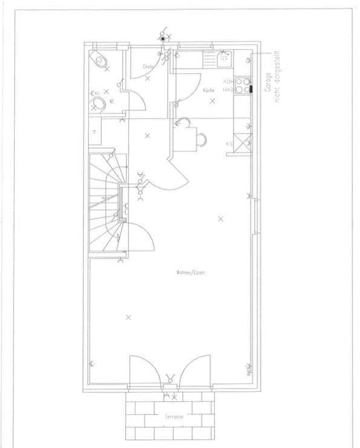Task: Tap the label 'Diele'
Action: pos(148,66)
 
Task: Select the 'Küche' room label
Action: pos(209,90)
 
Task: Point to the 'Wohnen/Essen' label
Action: pos(191,272)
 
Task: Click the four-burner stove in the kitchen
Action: pos(243,85)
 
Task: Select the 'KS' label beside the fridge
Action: pos(229,144)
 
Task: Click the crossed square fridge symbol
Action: pos(244,143)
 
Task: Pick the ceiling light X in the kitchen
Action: pos(212,100)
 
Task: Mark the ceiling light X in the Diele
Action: pos(148,78)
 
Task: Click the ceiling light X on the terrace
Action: pos(175,397)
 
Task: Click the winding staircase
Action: pos(106,203)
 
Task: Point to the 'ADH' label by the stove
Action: pos(227,81)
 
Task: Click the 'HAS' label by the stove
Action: pos(227,89)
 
